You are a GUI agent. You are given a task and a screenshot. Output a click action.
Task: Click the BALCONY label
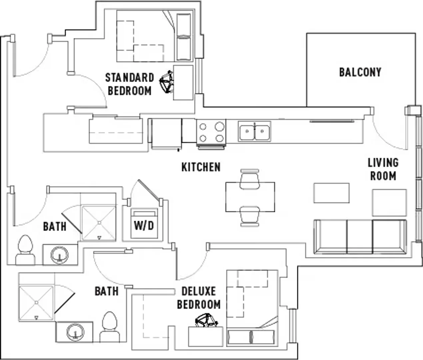[x=360, y=72]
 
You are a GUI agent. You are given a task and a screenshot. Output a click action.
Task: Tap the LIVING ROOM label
[x=383, y=169]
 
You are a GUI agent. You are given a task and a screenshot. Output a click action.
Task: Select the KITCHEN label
[x=201, y=167]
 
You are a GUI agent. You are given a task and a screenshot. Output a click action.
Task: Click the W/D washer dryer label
[x=144, y=226]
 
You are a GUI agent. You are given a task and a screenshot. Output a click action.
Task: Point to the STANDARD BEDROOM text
[x=130, y=84]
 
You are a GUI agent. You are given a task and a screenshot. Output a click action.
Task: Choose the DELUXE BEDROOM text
[x=199, y=298]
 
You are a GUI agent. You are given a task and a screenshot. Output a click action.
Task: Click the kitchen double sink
[x=254, y=131]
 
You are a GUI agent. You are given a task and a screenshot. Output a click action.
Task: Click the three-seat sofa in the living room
[x=360, y=237]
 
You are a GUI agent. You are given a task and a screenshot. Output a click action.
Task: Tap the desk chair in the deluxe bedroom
[x=206, y=321]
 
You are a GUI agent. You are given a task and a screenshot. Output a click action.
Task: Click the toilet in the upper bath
[x=26, y=250]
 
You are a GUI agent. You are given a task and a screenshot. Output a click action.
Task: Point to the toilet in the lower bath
[x=110, y=327]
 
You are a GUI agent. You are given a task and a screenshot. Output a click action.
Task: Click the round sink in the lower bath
[x=75, y=332]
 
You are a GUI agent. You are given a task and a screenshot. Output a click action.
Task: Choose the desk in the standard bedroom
[x=183, y=83]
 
